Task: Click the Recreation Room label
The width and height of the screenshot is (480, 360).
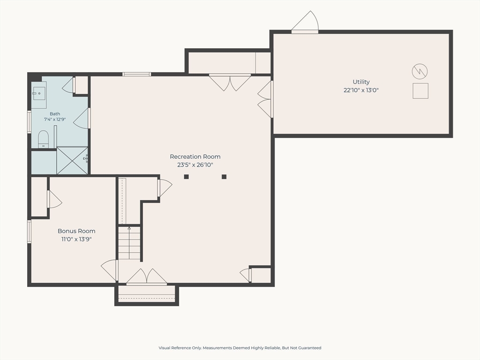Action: tap(195, 157)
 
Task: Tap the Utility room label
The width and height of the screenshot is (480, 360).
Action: tap(361, 82)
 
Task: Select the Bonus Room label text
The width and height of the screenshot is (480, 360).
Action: tap(76, 231)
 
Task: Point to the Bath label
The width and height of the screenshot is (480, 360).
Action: tap(55, 114)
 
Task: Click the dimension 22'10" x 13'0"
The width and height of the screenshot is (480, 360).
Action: tap(361, 90)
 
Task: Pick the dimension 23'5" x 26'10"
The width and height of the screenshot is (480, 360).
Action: tap(195, 165)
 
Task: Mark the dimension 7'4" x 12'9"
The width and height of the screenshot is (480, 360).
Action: tap(55, 120)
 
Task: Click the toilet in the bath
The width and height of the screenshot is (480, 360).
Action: tap(44, 139)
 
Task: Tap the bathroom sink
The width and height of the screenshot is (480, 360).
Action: tap(39, 93)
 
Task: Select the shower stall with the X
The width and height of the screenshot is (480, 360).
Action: tap(72, 160)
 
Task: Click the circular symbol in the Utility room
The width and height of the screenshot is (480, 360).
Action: tap(420, 72)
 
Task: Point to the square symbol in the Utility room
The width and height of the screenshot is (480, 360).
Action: tap(420, 91)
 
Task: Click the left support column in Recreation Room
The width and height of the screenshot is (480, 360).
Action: tap(186, 177)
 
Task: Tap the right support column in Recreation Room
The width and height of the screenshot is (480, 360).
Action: tap(224, 177)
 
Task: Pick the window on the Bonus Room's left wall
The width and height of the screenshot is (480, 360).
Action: tap(30, 232)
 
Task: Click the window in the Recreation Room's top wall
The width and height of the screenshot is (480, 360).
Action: tap(136, 74)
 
